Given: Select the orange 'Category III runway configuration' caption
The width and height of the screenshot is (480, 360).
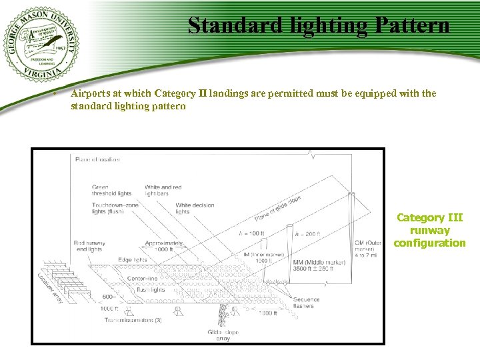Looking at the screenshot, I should point(429,230).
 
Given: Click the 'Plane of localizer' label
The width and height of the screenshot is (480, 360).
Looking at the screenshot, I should point(98,159).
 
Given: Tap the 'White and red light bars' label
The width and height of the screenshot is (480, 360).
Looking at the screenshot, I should point(162,190).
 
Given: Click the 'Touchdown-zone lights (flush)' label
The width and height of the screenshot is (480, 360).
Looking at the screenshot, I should point(115,209).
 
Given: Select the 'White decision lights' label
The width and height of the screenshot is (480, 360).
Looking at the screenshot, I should point(195,209).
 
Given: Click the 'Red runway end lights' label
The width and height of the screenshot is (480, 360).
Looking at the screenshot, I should point(89,246).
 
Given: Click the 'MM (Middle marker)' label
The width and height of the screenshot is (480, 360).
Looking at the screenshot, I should point(319,263).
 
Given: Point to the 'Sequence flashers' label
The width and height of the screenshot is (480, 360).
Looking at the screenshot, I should point(306,303).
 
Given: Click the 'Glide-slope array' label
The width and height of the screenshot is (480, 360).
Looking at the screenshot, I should point(223,335).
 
